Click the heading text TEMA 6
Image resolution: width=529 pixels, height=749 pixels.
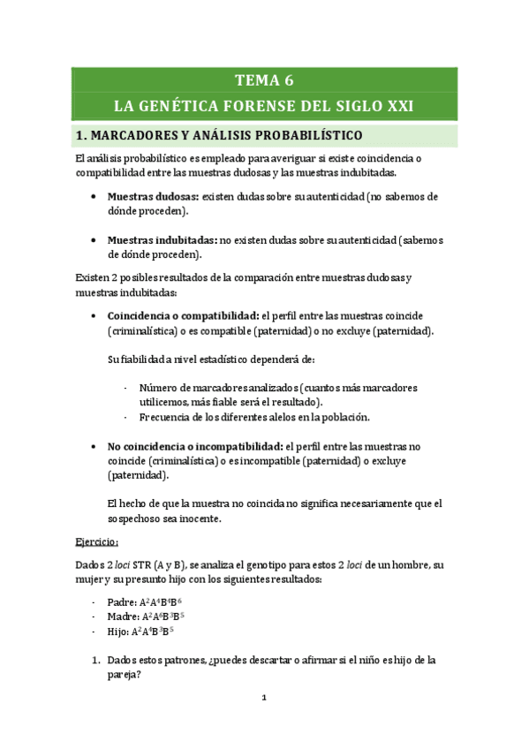tap(264, 80)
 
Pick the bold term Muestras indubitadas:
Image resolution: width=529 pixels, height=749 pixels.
tap(162, 239)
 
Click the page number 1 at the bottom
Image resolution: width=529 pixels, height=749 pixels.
tap(264, 699)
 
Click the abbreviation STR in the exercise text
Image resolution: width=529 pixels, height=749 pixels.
tap(140, 564)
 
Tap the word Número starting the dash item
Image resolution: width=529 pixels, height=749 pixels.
tap(159, 387)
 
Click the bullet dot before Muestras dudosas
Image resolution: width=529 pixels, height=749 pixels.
tap(94, 197)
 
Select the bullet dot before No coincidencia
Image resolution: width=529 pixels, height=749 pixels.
tap(94, 447)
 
